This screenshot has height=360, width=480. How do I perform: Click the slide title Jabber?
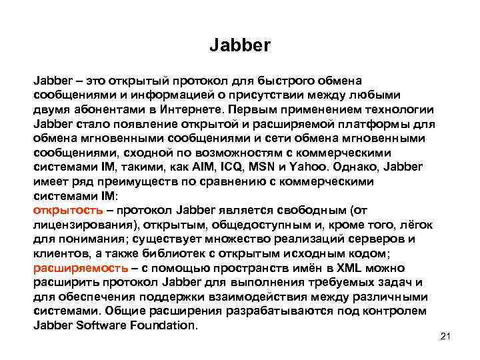pos(240,46)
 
